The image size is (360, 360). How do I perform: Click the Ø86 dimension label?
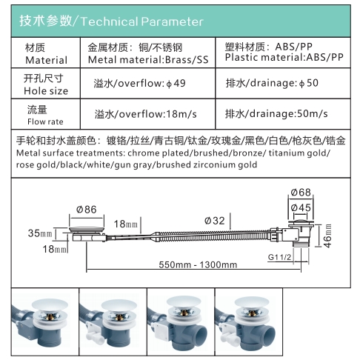pos(86,210)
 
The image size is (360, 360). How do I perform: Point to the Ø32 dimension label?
pos(215,221)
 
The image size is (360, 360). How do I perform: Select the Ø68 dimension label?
pos(301,193)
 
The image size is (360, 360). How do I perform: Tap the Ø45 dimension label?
pos(301,207)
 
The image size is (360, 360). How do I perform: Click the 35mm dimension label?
pos(40,233)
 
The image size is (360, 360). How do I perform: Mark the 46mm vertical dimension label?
pos(327,236)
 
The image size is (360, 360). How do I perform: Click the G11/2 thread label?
pos(279,257)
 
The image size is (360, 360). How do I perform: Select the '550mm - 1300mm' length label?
pos(198,264)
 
